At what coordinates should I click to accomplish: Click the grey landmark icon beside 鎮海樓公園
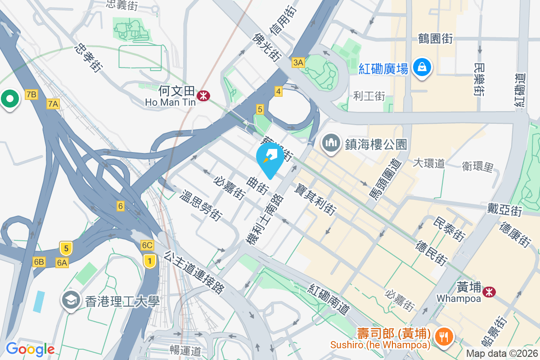coord(331,144)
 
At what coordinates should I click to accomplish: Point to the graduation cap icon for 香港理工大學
coord(72,301)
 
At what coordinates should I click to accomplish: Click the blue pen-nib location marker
coord(270,157)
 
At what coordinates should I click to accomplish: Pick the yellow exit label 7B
coord(31,94)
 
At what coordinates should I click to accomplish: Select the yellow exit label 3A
coord(298,63)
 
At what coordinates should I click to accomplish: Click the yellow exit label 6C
coord(147,245)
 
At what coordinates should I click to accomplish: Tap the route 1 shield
coord(149,260)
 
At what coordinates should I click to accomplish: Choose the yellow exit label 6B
coord(39,262)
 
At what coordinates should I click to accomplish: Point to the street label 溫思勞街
coord(201,206)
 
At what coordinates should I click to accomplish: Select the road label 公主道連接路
coord(194,272)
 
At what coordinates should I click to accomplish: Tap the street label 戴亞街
coord(504,209)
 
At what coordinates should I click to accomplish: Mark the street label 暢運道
coord(185,349)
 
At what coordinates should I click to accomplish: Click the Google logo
coord(30,349)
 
